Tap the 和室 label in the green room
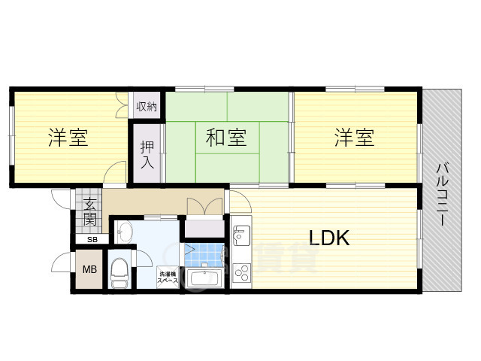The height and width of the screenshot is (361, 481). [x=226, y=138]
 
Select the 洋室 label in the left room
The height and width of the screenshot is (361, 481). [x=68, y=138]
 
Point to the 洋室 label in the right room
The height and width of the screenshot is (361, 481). [x=354, y=138]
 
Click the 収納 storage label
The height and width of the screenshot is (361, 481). [x=147, y=107]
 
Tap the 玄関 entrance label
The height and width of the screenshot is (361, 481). [x=89, y=211]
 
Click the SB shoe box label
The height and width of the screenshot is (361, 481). [x=92, y=240]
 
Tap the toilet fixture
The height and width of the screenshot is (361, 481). [x=119, y=273]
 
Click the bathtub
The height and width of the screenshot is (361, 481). [x=204, y=280]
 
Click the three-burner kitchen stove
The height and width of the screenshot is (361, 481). [x=242, y=272]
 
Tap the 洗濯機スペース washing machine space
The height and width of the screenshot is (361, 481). [x=168, y=278]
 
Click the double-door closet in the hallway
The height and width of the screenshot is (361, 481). [x=204, y=226]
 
